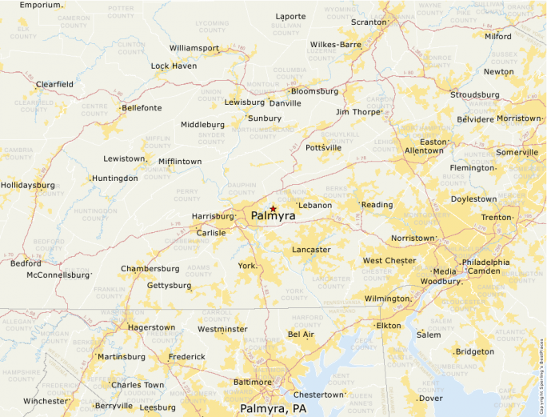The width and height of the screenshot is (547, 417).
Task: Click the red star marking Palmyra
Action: (x=273, y=208)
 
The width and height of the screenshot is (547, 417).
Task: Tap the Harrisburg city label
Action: (x=212, y=217)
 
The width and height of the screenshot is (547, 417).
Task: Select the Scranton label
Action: (x=369, y=22)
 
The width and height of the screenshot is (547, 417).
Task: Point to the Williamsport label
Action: (x=194, y=48)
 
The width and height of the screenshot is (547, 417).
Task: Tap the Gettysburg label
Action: (x=169, y=285)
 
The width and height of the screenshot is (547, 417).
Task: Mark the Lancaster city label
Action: (x=310, y=250)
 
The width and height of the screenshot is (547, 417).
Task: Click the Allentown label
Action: (x=424, y=150)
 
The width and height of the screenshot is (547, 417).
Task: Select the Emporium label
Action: (x=41, y=5)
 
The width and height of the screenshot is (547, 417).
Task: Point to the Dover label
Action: (x=430, y=398)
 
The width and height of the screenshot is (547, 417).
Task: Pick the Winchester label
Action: (x=46, y=401)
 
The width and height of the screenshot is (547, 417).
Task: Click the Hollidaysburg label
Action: (x=28, y=185)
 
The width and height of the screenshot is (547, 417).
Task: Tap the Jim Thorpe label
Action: (x=357, y=112)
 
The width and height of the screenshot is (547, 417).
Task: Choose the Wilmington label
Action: (x=386, y=299)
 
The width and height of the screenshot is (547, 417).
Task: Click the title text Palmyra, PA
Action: (x=273, y=409)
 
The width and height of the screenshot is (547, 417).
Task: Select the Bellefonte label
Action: (x=142, y=108)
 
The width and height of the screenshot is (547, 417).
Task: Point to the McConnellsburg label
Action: (x=58, y=275)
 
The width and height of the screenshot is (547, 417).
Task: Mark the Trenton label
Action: (x=496, y=218)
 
